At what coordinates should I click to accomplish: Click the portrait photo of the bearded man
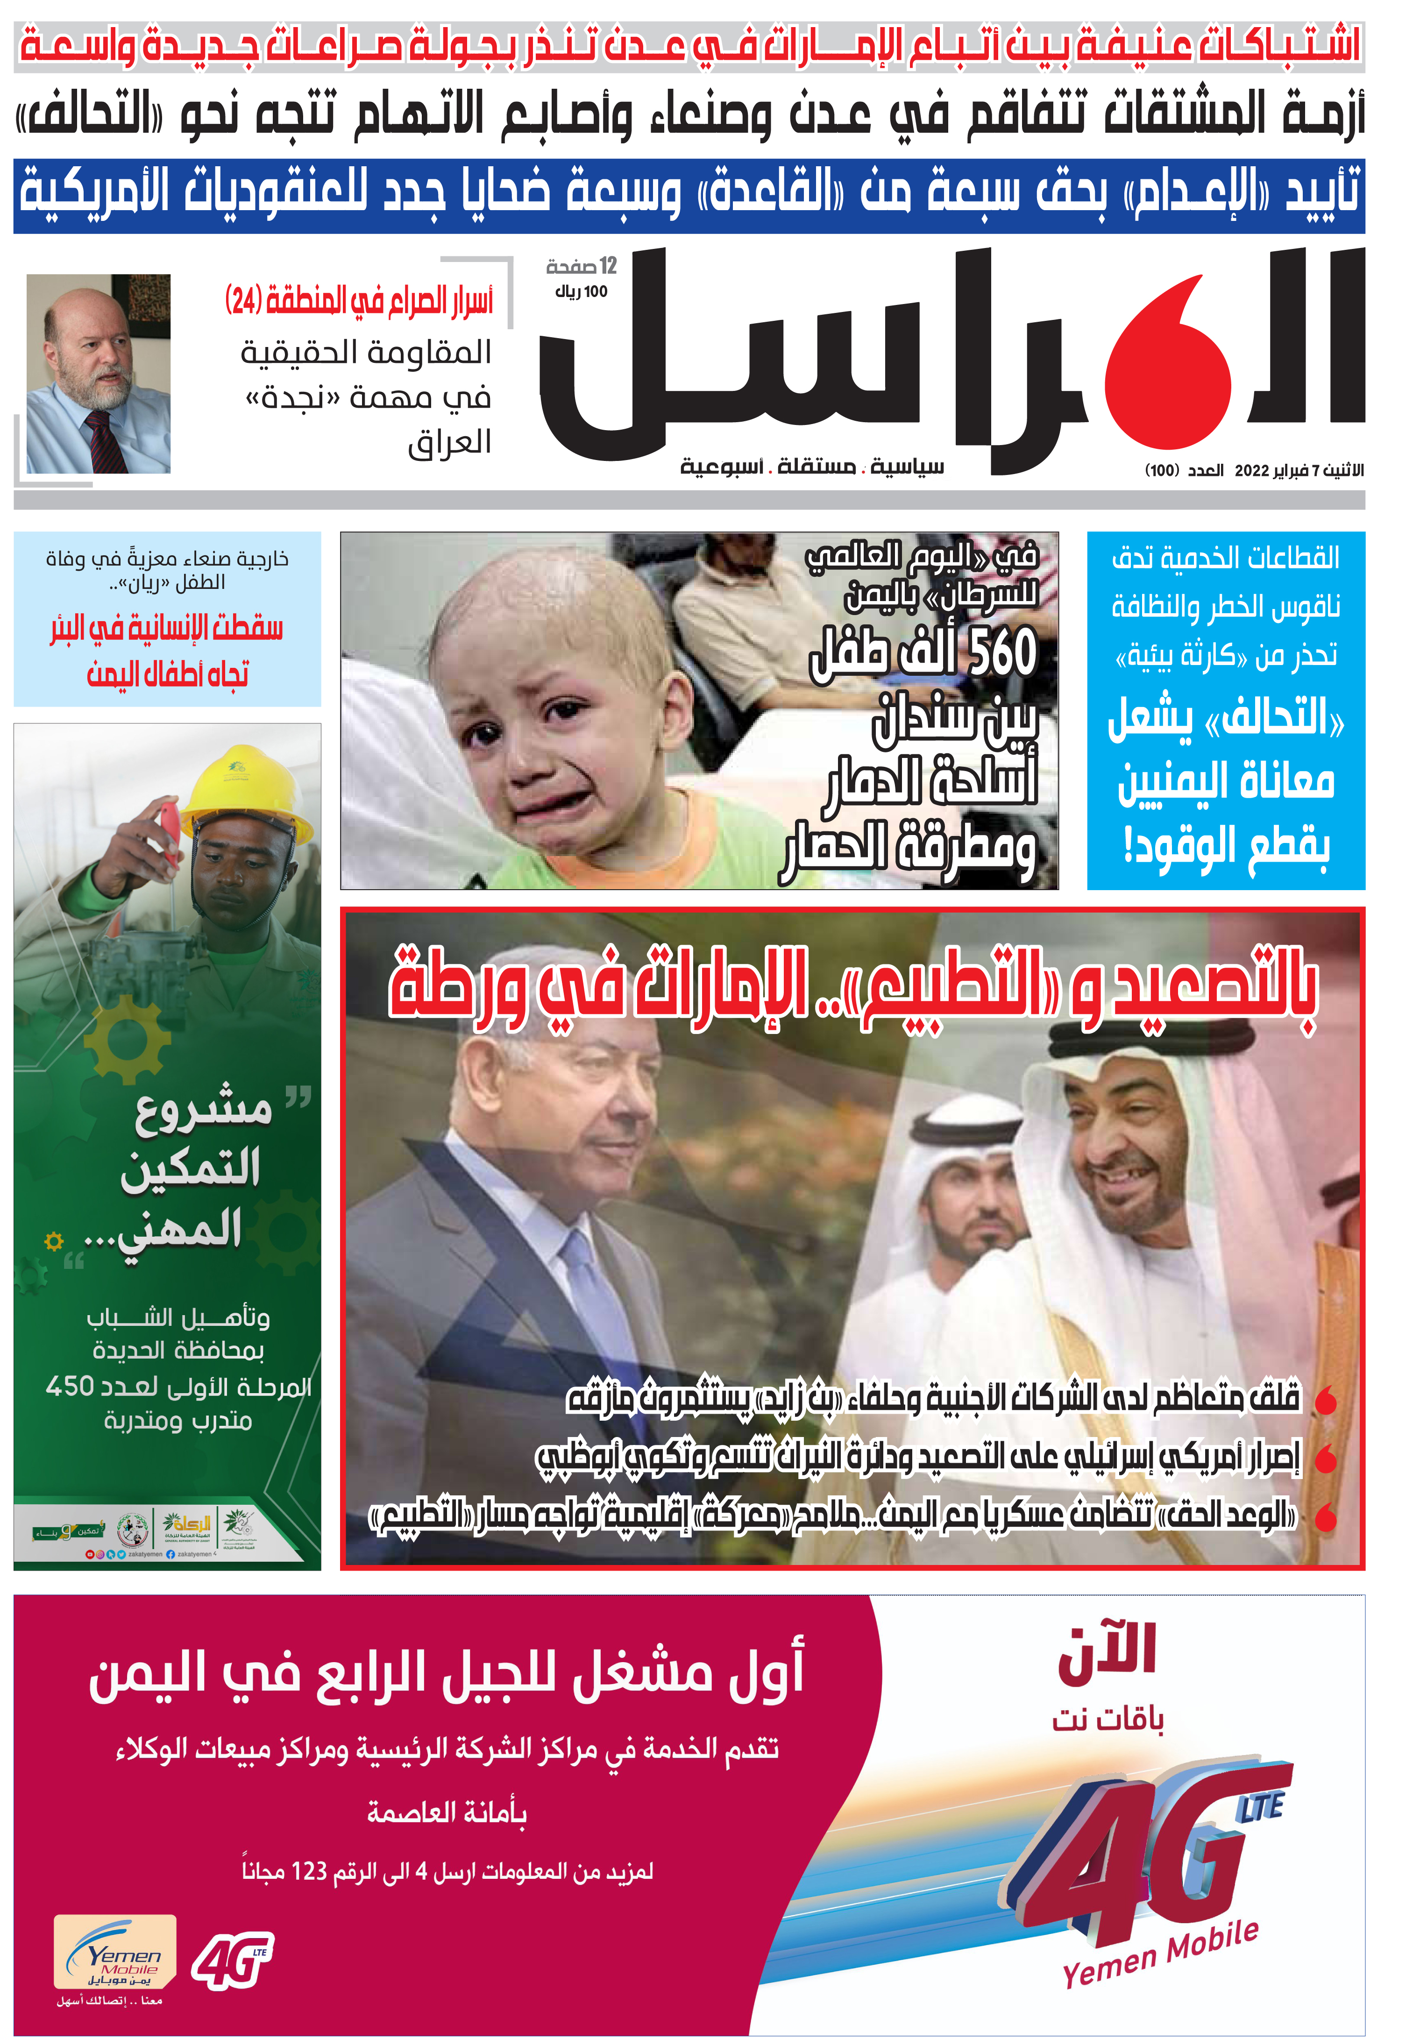point(98,374)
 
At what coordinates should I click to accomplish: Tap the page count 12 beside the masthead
point(607,265)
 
